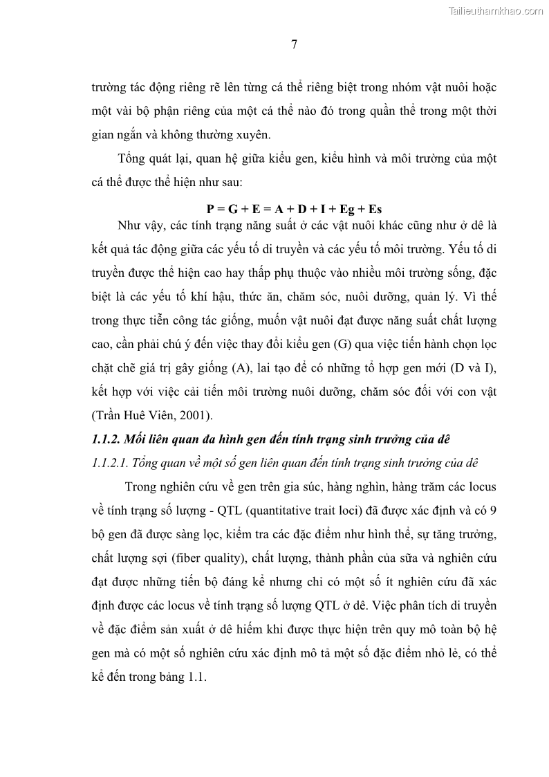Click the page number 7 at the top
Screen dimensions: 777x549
click(294, 46)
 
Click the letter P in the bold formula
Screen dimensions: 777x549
click(210, 208)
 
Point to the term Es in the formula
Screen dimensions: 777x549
click(376, 208)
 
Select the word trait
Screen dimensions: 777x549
click(329, 511)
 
